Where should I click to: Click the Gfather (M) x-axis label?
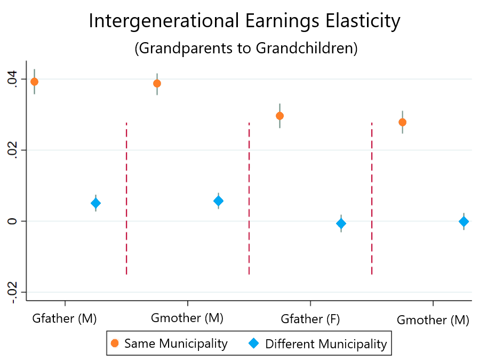(65, 319)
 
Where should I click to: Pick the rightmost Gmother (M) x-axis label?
(433, 320)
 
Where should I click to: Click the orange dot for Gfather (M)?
(34, 82)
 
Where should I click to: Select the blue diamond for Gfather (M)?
(95, 203)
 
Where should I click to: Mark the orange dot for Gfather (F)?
(280, 116)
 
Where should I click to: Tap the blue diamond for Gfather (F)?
(341, 223)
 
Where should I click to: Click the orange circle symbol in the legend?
(115, 344)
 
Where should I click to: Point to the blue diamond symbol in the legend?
(255, 344)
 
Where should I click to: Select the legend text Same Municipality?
(175, 344)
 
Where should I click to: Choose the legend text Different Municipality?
(325, 344)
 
